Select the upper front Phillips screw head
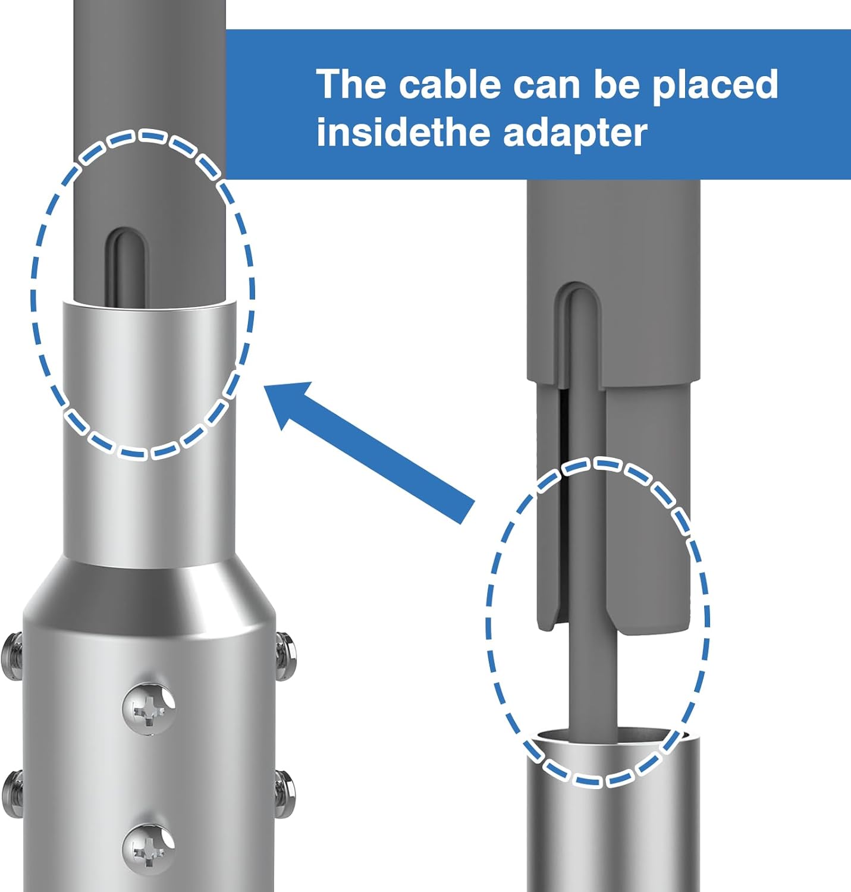(x=149, y=707)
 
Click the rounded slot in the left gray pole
(x=127, y=265)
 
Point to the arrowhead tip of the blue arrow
(x=265, y=386)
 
